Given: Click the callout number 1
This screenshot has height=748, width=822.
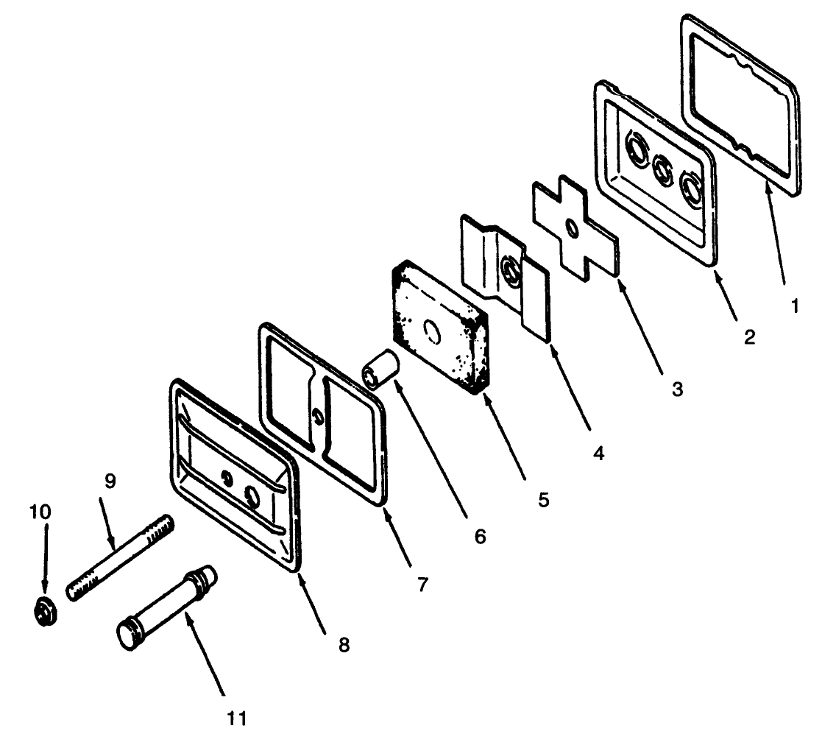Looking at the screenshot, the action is click(x=795, y=306).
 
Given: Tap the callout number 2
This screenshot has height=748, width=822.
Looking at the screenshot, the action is click(x=750, y=336).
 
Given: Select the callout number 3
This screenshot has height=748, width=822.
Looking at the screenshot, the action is click(x=677, y=389).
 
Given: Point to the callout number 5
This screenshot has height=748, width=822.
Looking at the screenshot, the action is click(x=544, y=500).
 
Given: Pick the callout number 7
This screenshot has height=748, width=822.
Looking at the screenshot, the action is click(x=422, y=584).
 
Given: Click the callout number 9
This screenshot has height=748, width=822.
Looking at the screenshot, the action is click(x=110, y=481).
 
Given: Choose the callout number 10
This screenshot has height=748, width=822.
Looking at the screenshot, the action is click(x=40, y=512).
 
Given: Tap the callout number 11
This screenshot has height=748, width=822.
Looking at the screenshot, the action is click(x=236, y=718).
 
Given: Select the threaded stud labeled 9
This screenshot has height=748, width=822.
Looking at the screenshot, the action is click(x=120, y=558).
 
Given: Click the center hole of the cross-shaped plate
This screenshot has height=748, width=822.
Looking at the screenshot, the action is click(x=572, y=228).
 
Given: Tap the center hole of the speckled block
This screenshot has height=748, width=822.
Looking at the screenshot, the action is click(x=433, y=331).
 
